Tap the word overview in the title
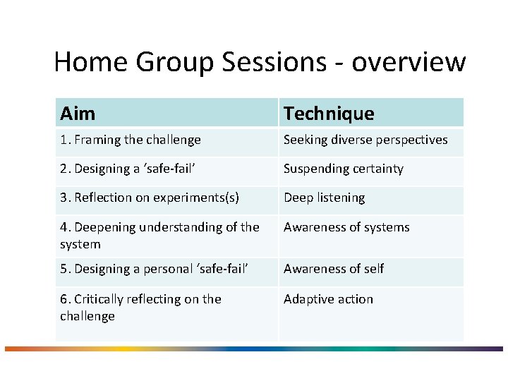[x=409, y=62]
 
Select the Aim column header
[x=78, y=113]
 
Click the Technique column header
[x=329, y=113]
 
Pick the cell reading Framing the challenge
[x=131, y=140]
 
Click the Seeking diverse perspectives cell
[x=365, y=140]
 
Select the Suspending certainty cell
[x=344, y=169]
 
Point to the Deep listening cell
[x=325, y=198]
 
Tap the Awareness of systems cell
[x=346, y=227]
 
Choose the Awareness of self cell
[x=334, y=269]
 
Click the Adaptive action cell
[x=328, y=299]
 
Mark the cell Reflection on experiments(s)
[x=150, y=198]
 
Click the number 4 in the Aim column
[x=64, y=227]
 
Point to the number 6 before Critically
[x=64, y=299]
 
